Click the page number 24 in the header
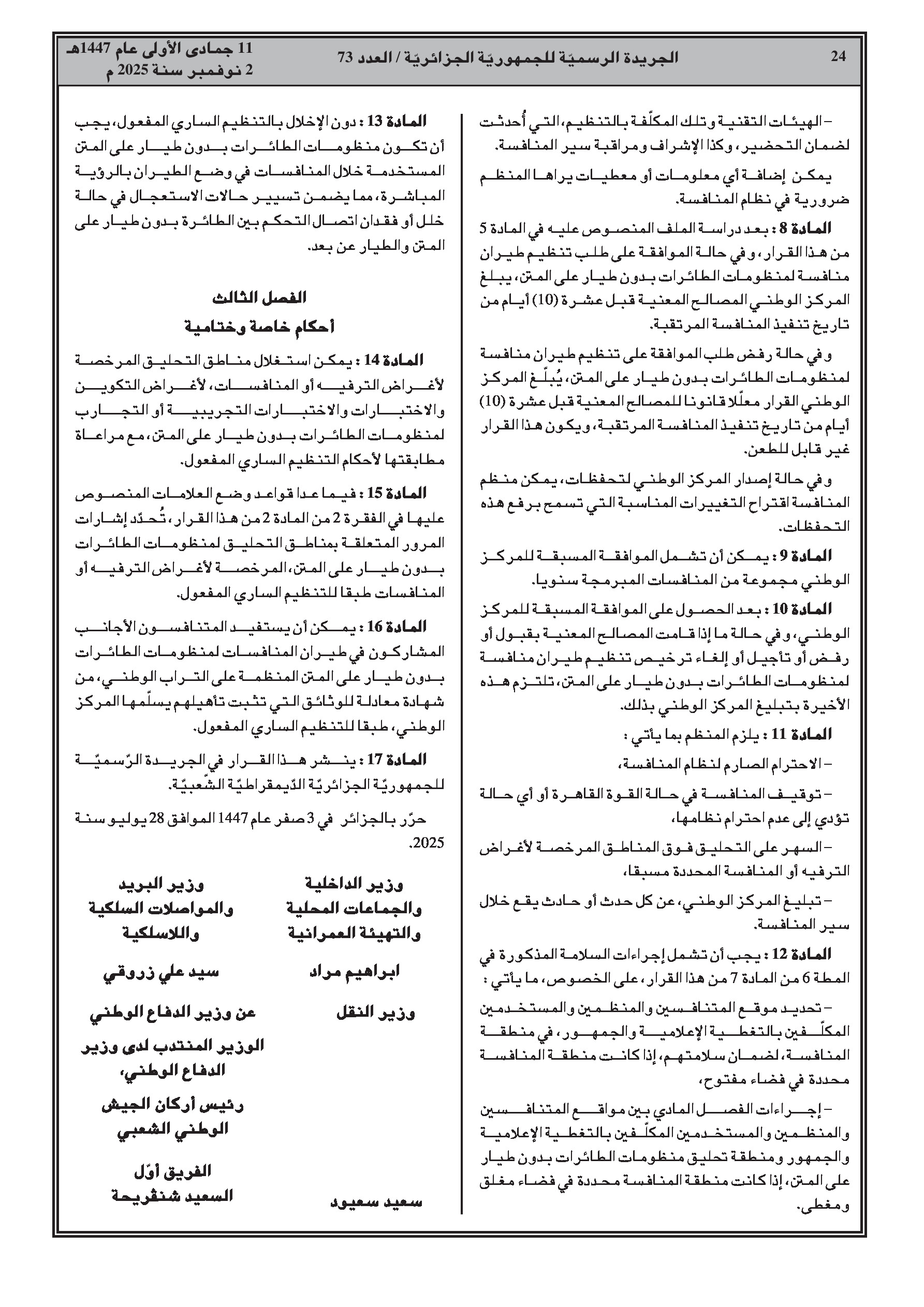pyautogui.click(x=838, y=56)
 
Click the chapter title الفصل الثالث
pyautogui.click(x=260, y=298)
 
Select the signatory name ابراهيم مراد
pyautogui.click(x=355, y=972)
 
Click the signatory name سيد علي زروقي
pyautogui.click(x=160, y=972)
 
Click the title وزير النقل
pyautogui.click(x=375, y=1013)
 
